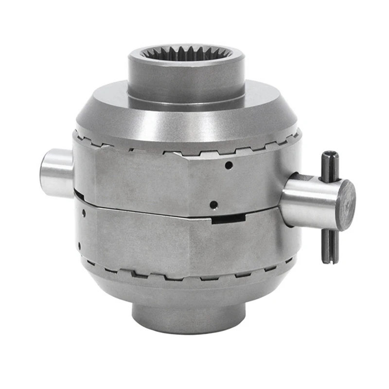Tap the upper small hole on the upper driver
(229, 166)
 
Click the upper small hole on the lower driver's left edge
(84, 212)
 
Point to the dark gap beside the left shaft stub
(78, 194)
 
